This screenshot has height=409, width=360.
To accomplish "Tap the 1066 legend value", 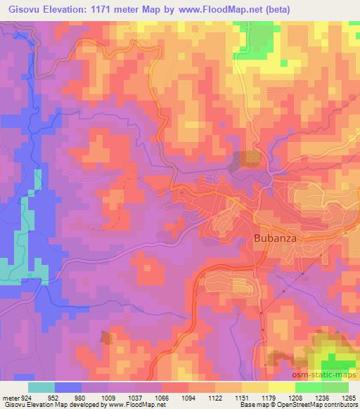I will [162, 398].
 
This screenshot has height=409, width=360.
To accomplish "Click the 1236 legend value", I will [323, 398].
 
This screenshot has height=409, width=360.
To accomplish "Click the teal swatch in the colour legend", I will [41, 387].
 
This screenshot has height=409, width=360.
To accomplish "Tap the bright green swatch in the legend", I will [309, 387].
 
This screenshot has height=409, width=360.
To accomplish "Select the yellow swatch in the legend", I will [283, 387].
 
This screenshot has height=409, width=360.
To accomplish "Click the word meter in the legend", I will [9, 398].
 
